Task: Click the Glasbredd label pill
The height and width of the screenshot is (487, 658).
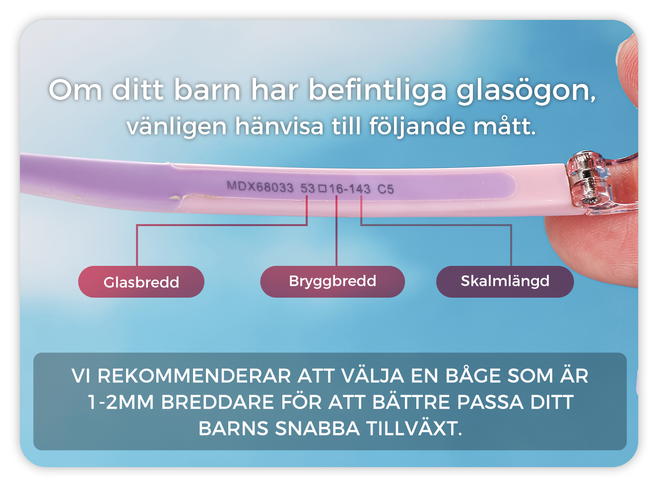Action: click(141, 281)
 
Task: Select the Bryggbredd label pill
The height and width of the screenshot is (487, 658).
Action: click(332, 281)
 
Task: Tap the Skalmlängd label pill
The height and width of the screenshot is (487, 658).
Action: click(505, 281)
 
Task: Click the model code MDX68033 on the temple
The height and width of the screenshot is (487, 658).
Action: click(260, 187)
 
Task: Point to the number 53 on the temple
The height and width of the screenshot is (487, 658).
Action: click(308, 188)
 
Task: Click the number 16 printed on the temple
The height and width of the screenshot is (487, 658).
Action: click(336, 189)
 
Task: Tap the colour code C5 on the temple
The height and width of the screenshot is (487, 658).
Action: click(386, 189)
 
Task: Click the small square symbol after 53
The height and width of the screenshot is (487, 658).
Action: click(322, 188)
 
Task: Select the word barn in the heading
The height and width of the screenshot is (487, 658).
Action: click(207, 89)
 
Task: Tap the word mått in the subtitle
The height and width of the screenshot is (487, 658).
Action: click(504, 126)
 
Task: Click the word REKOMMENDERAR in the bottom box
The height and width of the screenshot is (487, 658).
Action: click(195, 376)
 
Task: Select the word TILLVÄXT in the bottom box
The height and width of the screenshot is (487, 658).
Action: click(414, 428)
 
